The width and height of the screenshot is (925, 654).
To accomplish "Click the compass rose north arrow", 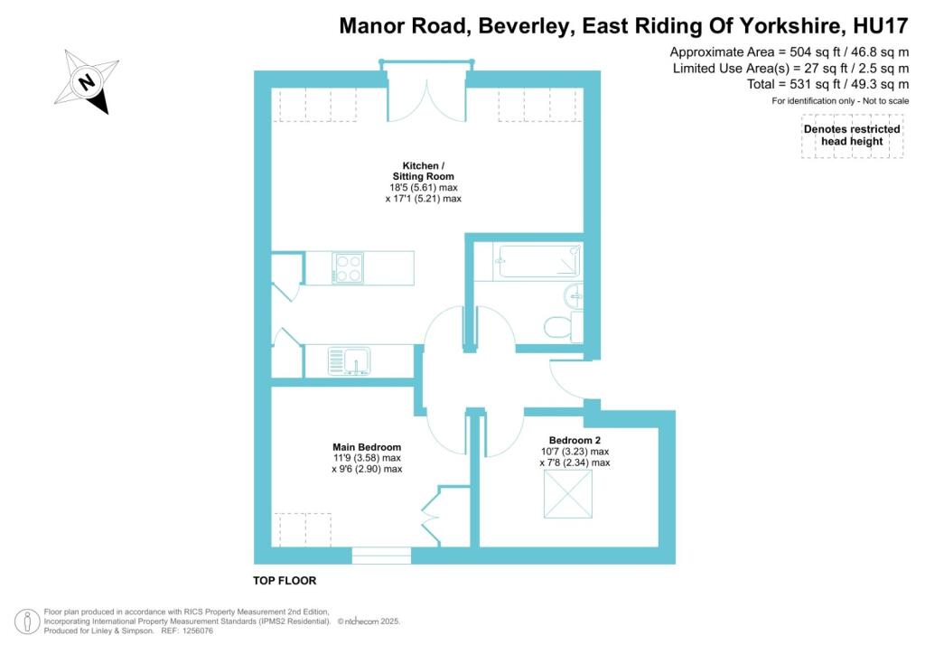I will click(x=88, y=82).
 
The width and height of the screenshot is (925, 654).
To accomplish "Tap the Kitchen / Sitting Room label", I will click(x=417, y=171).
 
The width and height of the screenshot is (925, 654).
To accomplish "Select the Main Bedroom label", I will click(x=366, y=447).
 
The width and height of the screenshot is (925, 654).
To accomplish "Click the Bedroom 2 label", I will click(x=574, y=441).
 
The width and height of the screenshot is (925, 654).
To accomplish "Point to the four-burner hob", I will click(x=348, y=268).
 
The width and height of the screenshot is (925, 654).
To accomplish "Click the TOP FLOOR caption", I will click(x=285, y=581).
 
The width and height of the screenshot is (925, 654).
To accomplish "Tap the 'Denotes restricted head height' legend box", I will click(x=852, y=140).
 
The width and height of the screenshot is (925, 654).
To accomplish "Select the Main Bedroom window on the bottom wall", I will click(x=381, y=556).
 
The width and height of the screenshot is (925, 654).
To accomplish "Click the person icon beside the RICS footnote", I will click(x=29, y=621).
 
